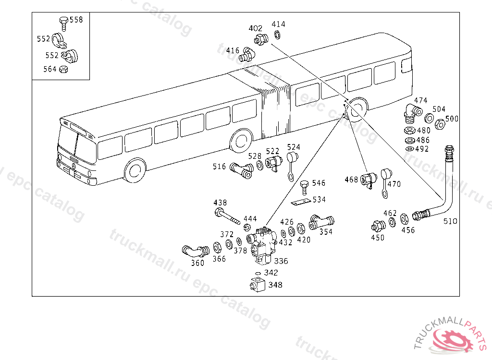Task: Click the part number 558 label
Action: (x=76, y=20)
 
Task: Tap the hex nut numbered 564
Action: (x=63, y=70)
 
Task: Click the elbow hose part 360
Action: (x=194, y=251)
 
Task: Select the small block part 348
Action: (x=258, y=284)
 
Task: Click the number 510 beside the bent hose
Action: (x=450, y=221)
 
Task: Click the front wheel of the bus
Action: (x=135, y=170)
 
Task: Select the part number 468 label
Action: (x=352, y=180)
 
